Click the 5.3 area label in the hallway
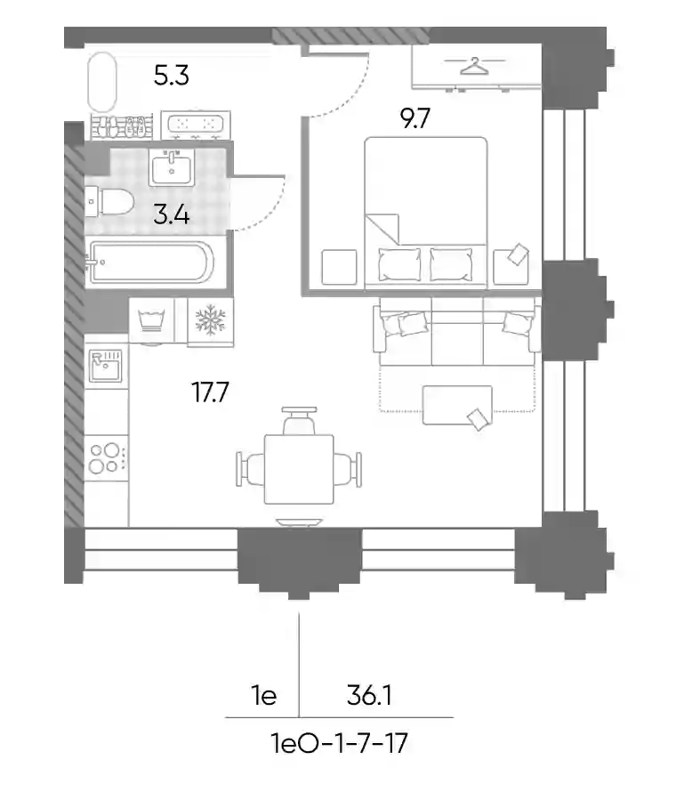(171, 76)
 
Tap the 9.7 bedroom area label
(415, 118)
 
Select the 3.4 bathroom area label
(172, 215)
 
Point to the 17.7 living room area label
(210, 392)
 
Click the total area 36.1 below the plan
(369, 696)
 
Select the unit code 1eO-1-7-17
(339, 743)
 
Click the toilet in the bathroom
(109, 202)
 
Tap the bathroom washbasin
(172, 167)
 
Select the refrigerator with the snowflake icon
(210, 322)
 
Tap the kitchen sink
(106, 366)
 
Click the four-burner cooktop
(106, 458)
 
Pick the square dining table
(299, 469)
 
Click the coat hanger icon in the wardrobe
(475, 66)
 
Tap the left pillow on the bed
(399, 264)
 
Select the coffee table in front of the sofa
(457, 405)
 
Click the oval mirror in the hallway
(102, 82)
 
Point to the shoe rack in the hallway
(121, 126)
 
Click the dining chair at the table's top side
(300, 420)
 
